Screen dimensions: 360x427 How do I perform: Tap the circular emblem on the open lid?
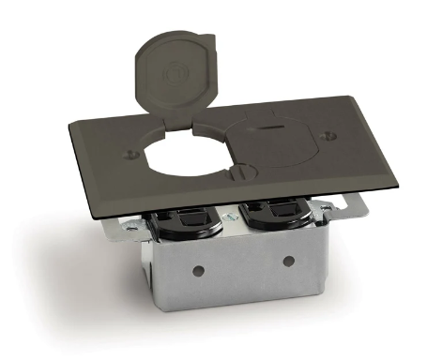click(175, 71)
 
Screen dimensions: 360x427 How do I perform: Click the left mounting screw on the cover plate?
click(127, 147)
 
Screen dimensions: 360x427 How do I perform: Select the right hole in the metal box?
click(288, 260)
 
